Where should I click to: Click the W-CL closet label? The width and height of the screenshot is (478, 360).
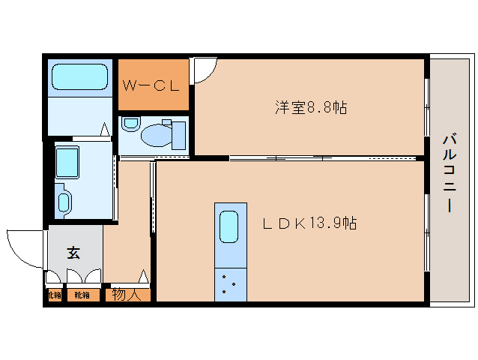click(x=152, y=85)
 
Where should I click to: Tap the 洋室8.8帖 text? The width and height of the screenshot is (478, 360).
click(x=309, y=107)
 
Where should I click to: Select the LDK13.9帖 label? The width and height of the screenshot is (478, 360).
click(x=308, y=223)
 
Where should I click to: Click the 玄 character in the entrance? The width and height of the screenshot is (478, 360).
click(x=73, y=253)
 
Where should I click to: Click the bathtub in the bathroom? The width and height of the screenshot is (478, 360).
click(x=79, y=77)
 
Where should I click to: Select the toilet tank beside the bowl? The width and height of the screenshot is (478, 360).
click(x=178, y=135)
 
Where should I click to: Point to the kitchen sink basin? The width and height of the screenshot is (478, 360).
click(x=229, y=225)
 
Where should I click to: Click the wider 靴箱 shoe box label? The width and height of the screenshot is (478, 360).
click(x=82, y=295)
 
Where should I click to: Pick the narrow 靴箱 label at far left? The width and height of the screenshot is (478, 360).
click(x=53, y=295)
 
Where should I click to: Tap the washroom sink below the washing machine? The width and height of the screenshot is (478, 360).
click(x=64, y=202)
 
